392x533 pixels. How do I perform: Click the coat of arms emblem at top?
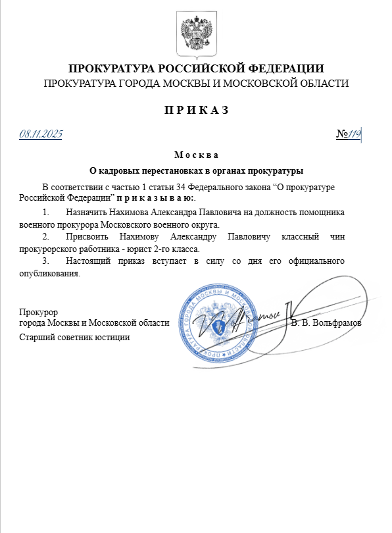click(x=195, y=33)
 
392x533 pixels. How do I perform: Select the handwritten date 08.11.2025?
click(x=41, y=134)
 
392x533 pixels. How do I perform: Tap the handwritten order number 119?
click(x=355, y=134)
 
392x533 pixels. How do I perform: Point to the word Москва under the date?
click(x=196, y=156)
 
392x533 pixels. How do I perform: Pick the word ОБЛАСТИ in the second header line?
click(x=322, y=83)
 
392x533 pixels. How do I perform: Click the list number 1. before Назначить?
click(x=45, y=213)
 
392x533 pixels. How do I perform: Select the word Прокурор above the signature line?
click(x=39, y=312)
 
